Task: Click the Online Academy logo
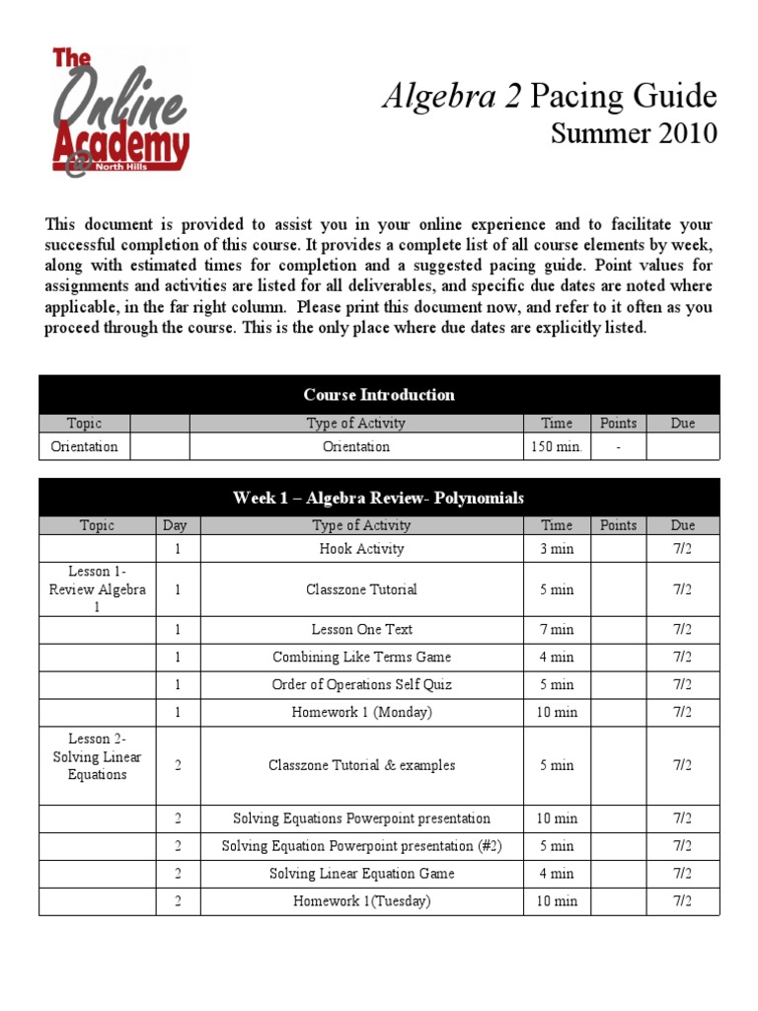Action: click(119, 112)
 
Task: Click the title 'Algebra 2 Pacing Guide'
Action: click(549, 97)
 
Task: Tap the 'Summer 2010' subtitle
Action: click(633, 133)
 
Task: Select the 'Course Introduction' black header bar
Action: click(379, 395)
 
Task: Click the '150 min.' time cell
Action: click(557, 447)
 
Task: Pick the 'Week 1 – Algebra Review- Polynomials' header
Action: click(379, 498)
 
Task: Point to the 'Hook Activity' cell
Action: click(361, 549)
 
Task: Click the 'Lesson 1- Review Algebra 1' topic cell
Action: click(98, 589)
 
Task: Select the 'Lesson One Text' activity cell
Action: click(361, 629)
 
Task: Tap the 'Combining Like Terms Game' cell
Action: click(361, 657)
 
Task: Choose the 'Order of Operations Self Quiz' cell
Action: click(361, 684)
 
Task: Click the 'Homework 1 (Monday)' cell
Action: click(361, 712)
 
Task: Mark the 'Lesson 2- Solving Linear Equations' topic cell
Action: click(98, 757)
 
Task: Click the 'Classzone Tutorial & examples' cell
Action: click(361, 765)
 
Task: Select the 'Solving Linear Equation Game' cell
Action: click(361, 874)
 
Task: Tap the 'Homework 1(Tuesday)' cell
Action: click(361, 901)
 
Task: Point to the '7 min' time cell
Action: click(557, 629)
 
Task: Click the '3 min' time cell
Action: click(557, 549)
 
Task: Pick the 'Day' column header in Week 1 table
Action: click(178, 526)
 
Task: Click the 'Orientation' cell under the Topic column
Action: click(84, 447)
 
